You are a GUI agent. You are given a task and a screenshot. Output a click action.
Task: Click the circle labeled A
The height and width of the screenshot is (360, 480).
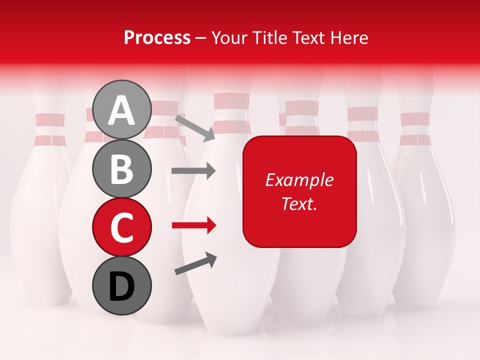point(122,109)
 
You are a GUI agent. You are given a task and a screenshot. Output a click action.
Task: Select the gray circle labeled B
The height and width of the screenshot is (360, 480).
point(122,168)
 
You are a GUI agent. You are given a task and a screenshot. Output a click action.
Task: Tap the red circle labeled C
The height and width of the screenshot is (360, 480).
point(122,227)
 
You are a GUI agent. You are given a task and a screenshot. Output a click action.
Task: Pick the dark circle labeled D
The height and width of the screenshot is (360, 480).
point(122,285)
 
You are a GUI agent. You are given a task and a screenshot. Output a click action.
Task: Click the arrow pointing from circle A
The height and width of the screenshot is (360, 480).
point(194,127)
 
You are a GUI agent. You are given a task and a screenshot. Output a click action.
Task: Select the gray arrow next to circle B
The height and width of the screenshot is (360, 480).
point(193,171)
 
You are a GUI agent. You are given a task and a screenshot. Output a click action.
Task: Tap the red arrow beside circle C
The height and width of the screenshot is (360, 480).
point(193,225)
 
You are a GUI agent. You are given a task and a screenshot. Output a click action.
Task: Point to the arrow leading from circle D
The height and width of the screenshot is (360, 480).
point(195,263)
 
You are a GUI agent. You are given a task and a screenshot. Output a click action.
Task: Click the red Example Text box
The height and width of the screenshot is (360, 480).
point(299,191)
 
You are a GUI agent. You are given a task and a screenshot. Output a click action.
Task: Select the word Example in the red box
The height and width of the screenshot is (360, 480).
point(299,180)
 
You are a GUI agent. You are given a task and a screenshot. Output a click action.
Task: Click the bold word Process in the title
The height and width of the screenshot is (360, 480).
point(157,38)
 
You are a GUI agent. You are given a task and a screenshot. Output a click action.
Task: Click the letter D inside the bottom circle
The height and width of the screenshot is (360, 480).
point(122,286)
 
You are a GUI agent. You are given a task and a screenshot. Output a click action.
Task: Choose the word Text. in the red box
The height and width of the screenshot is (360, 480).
point(299,204)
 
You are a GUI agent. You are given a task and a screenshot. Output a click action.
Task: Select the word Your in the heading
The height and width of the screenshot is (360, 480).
point(230,38)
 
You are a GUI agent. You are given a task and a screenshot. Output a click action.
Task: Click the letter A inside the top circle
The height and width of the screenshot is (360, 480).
point(122,110)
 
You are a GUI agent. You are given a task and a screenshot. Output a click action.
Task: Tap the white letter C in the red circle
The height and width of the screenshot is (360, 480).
point(122,227)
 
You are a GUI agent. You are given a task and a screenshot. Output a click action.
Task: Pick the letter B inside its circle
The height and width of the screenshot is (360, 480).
point(122,169)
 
